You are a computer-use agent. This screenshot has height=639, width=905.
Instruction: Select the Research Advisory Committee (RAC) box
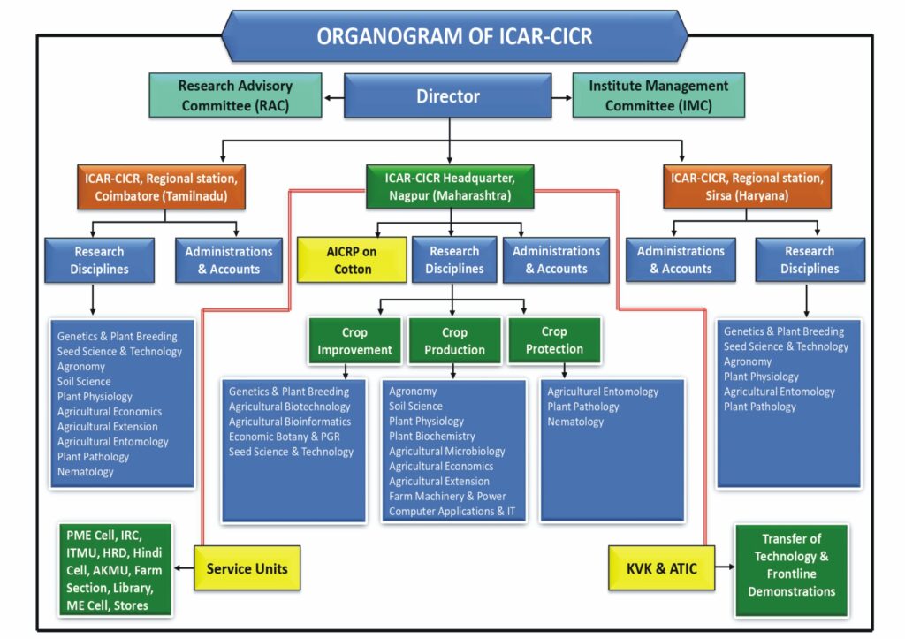(x=237, y=95)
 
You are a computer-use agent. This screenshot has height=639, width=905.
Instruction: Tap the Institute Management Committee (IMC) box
(x=658, y=95)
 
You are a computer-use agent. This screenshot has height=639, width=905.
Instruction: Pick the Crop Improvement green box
(x=354, y=340)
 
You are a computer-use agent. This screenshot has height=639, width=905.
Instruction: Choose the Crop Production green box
(x=454, y=340)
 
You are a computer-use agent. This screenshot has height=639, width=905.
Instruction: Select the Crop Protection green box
(x=554, y=340)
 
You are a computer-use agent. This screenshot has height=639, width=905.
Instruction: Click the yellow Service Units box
(x=247, y=569)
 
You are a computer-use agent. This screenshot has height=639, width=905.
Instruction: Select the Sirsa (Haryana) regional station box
(x=747, y=186)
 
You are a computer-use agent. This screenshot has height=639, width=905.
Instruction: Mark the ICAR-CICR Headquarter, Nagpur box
(x=450, y=186)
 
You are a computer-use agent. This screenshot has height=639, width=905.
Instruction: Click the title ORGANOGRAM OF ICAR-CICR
(x=453, y=36)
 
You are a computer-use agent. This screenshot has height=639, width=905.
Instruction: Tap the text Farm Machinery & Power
(x=447, y=497)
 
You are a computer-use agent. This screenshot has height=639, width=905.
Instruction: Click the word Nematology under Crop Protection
(x=575, y=422)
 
